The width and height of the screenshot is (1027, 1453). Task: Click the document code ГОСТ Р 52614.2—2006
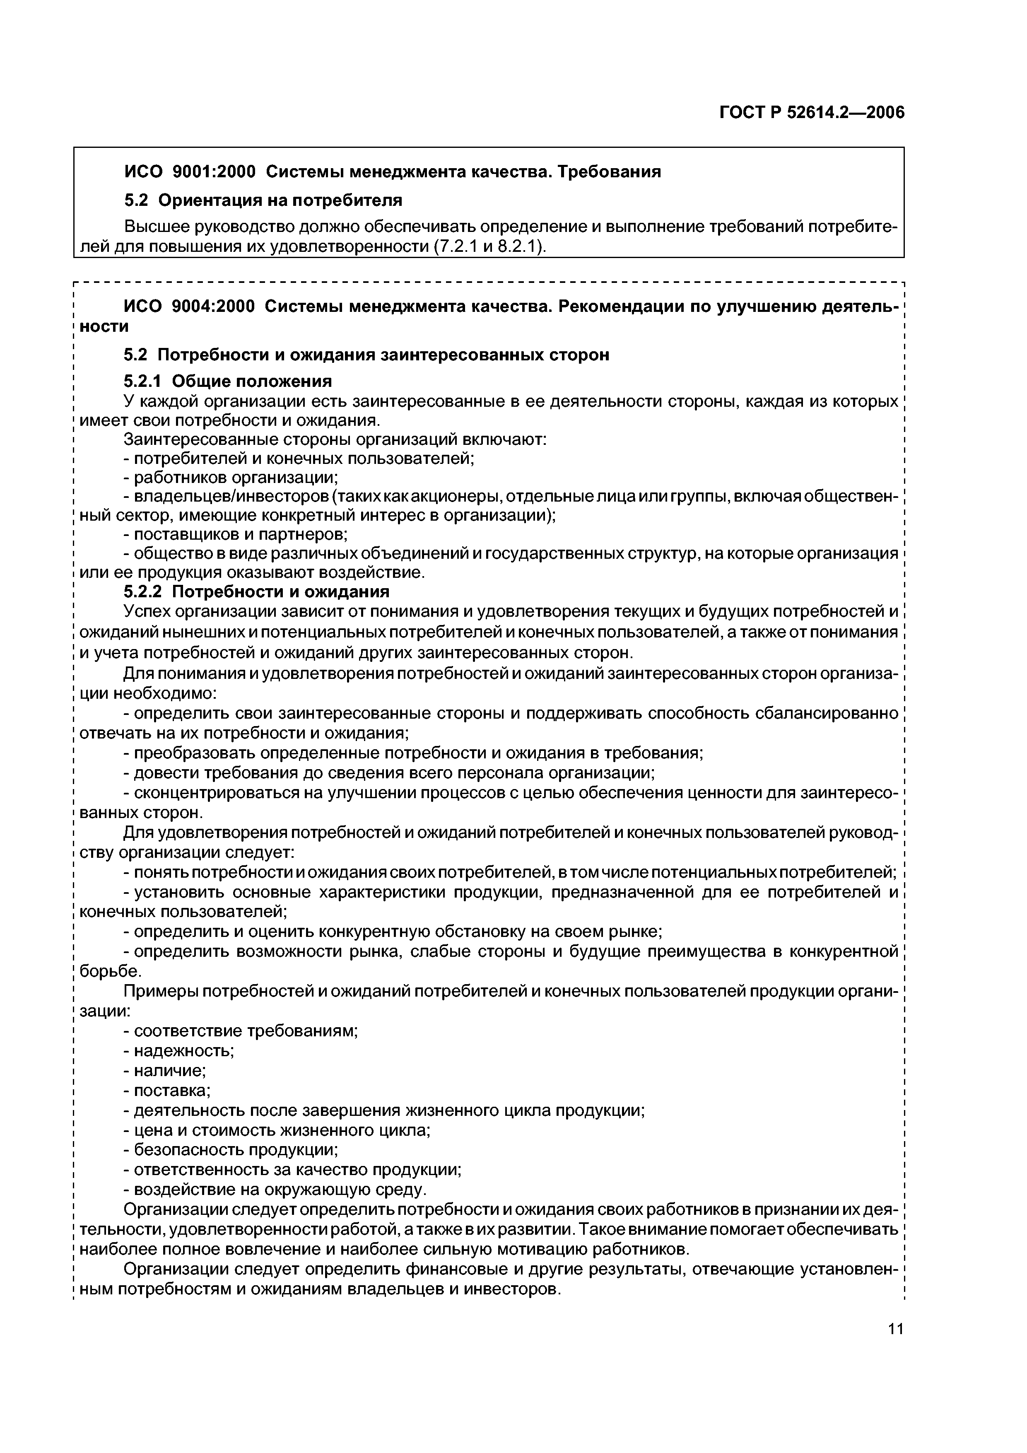[x=812, y=113]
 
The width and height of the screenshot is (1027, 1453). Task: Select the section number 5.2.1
[x=142, y=381]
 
